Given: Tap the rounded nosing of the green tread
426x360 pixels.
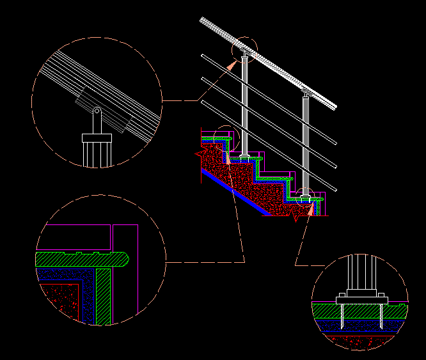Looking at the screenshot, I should click(123, 259).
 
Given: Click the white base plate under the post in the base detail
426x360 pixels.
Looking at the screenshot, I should click(361, 299).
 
